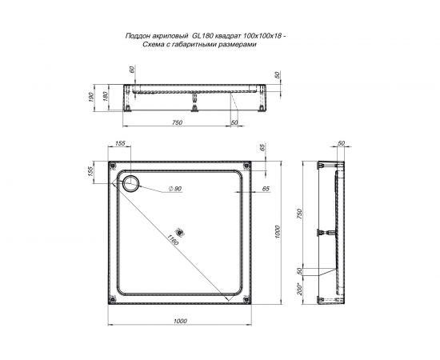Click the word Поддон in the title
(142, 36)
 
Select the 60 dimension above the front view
(131, 70)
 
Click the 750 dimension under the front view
(178, 122)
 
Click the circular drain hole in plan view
(130, 182)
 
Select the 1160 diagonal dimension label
(173, 238)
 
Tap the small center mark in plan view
(180, 234)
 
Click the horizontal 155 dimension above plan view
(121, 143)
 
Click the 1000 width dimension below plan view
(179, 320)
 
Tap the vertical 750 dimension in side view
(300, 214)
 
